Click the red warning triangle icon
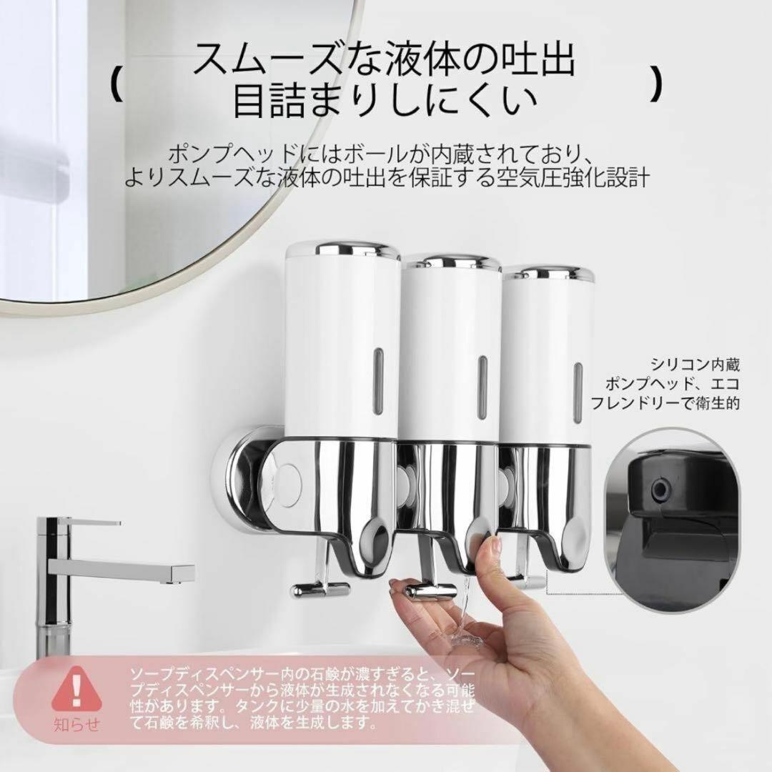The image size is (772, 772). [x=76, y=689]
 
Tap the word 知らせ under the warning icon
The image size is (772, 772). [x=76, y=724]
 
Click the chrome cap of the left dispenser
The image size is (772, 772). [x=342, y=249]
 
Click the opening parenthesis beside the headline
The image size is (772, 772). [x=117, y=84]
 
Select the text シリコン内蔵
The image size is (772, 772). [x=696, y=365]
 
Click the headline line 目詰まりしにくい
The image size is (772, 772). [x=385, y=101]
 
